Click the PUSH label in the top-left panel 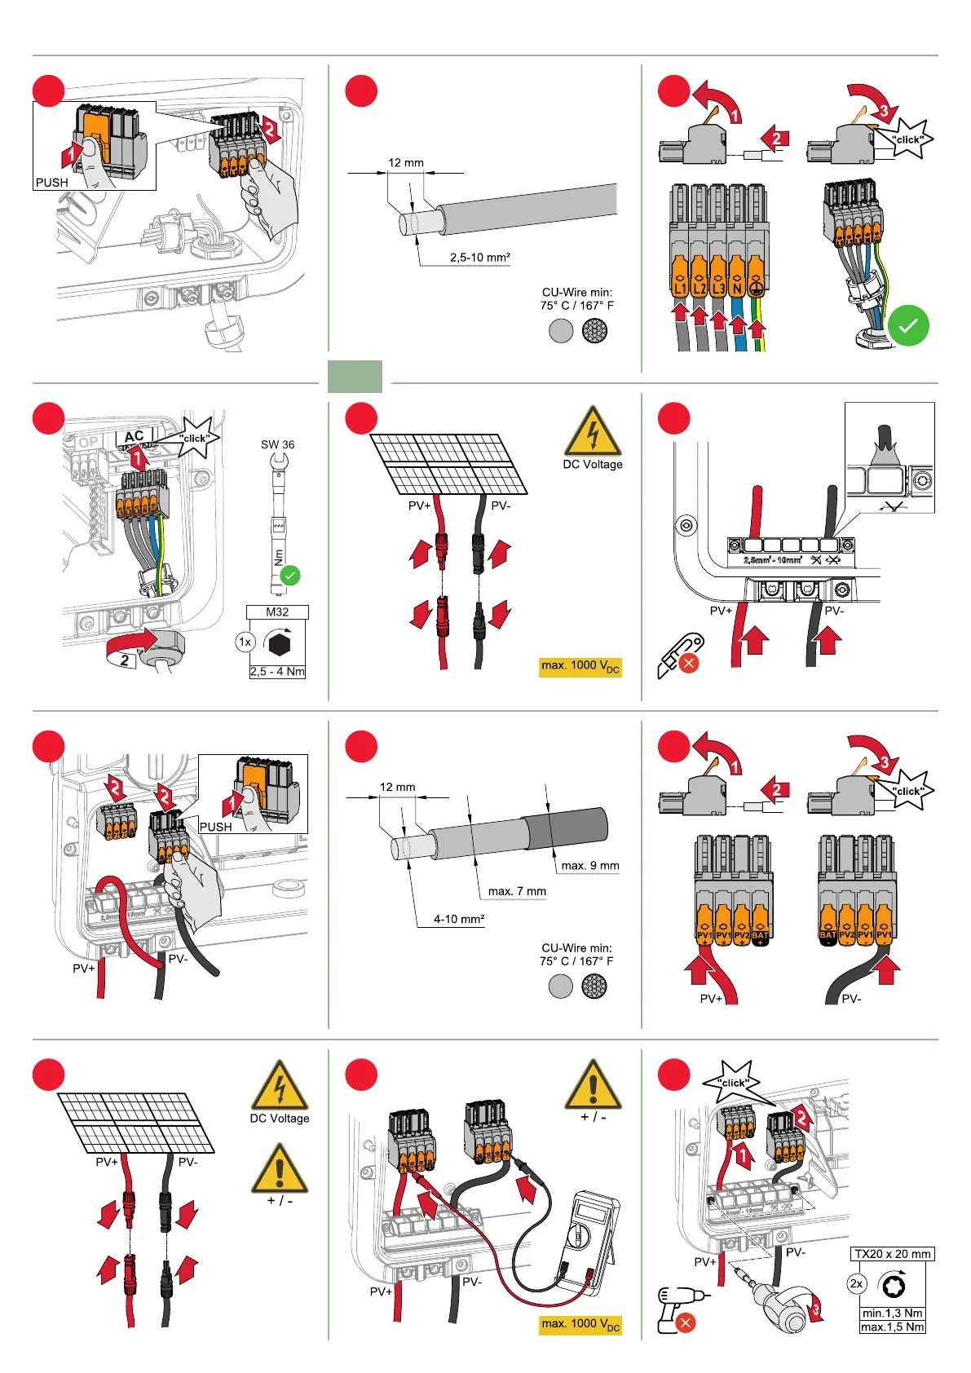pyautogui.click(x=52, y=183)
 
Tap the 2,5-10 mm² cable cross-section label pyautogui.click(x=480, y=258)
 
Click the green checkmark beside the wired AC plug pyautogui.click(x=908, y=325)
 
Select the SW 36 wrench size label pyautogui.click(x=277, y=444)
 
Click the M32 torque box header pyautogui.click(x=277, y=611)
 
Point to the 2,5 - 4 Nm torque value pyautogui.click(x=277, y=672)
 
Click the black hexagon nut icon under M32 pyautogui.click(x=279, y=644)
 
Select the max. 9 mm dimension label pyautogui.click(x=590, y=866)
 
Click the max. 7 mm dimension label pyautogui.click(x=517, y=891)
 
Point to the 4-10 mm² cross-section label pyautogui.click(x=459, y=919)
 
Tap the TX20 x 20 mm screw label pyautogui.click(x=892, y=1254)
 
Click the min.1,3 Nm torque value pyautogui.click(x=892, y=1313)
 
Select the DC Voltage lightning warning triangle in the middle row pyautogui.click(x=593, y=432)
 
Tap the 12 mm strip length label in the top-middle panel pyautogui.click(x=406, y=163)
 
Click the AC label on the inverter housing pyautogui.click(x=134, y=437)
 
